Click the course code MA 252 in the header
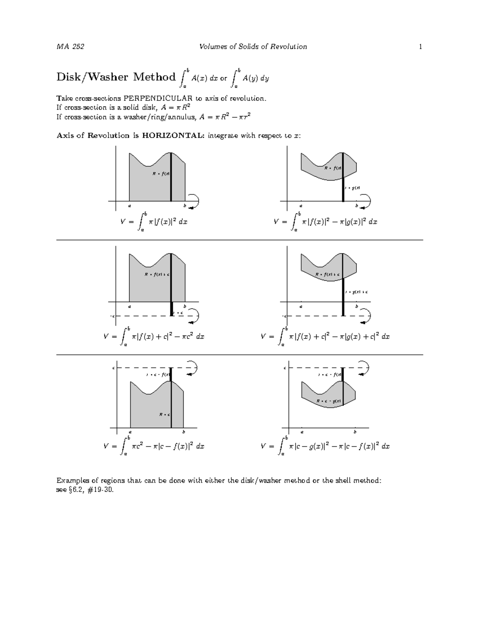click(x=70, y=47)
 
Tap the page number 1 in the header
click(x=420, y=47)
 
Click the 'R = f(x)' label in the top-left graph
click(x=161, y=174)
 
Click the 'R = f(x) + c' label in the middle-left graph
click(x=157, y=275)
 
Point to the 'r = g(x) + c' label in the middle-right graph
click(x=356, y=292)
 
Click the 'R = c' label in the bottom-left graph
click(x=164, y=415)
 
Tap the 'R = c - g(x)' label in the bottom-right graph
click(x=329, y=401)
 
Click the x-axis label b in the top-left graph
click(x=184, y=206)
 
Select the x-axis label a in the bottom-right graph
click(x=302, y=432)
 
